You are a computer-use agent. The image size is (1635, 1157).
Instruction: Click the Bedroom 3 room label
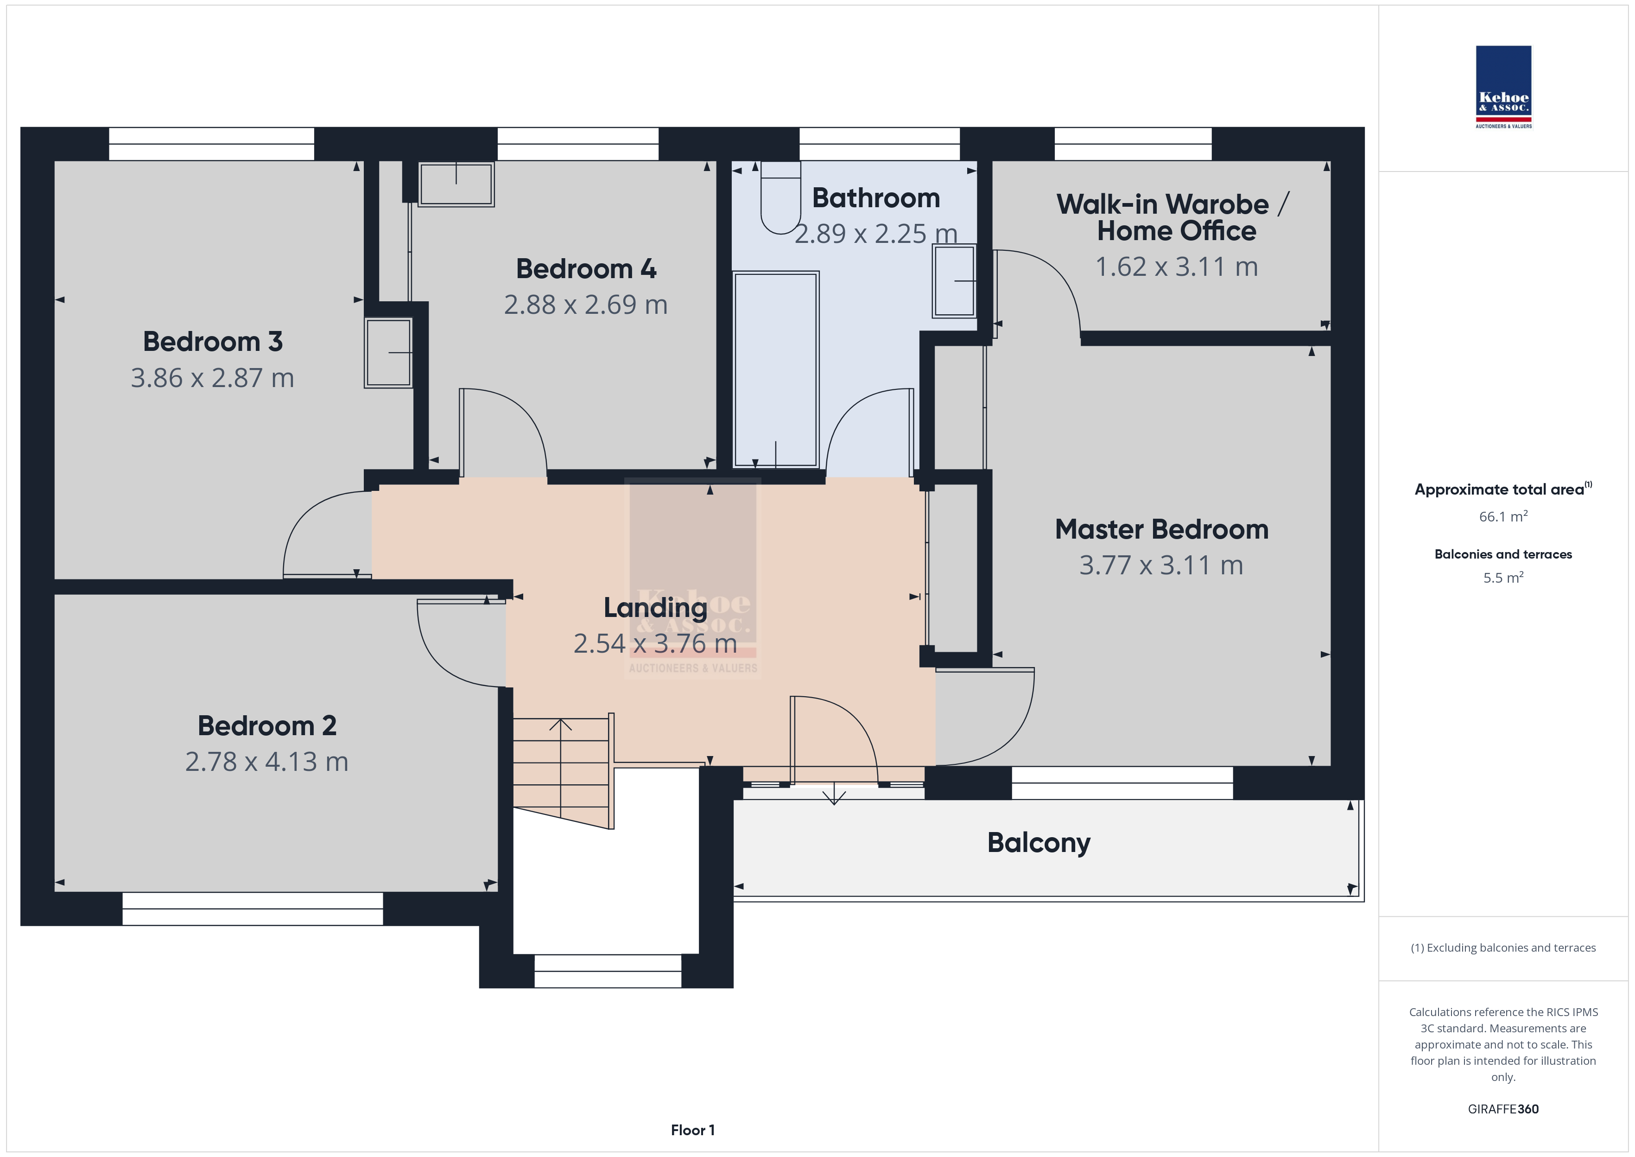click(213, 342)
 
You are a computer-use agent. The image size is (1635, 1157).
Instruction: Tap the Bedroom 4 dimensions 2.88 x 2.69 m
click(585, 305)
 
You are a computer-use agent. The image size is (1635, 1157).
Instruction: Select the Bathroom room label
click(876, 198)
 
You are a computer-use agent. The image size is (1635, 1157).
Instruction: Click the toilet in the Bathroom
click(780, 198)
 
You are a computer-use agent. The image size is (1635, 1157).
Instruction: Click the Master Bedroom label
click(1161, 529)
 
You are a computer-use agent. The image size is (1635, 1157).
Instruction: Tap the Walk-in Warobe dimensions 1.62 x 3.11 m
click(1176, 267)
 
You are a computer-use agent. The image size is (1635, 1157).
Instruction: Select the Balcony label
click(1038, 843)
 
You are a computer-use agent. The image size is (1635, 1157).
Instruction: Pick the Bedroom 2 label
click(267, 726)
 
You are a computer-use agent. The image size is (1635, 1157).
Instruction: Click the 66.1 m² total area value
click(1503, 516)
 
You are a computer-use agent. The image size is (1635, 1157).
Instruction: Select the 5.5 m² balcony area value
click(1503, 577)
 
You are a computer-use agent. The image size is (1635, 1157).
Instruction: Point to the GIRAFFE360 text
click(1503, 1109)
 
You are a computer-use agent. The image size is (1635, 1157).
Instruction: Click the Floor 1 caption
click(692, 1130)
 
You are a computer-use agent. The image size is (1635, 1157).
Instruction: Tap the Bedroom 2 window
click(253, 909)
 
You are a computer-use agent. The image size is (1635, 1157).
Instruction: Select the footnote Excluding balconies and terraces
click(1503, 947)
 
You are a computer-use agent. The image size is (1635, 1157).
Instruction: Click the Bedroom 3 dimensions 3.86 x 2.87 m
click(212, 378)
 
